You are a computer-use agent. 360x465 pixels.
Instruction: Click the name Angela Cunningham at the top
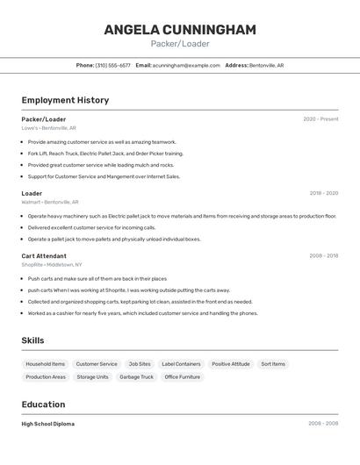pyautogui.click(x=180, y=30)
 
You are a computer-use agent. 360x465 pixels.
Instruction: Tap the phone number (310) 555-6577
pyautogui.click(x=112, y=65)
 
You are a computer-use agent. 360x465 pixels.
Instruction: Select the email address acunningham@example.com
pyautogui.click(x=186, y=65)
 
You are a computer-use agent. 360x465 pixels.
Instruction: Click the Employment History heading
pyautogui.click(x=65, y=100)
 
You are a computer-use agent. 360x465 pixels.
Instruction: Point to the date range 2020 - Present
pyautogui.click(x=320, y=119)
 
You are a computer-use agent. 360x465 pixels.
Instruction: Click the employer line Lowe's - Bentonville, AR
pyautogui.click(x=48, y=128)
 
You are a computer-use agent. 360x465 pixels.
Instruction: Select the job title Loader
pyautogui.click(x=32, y=193)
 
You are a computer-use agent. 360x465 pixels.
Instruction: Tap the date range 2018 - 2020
pyautogui.click(x=323, y=193)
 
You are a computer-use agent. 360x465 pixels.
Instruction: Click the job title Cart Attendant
pyautogui.click(x=44, y=256)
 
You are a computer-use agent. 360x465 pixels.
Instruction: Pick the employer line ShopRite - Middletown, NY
pyautogui.click(x=52, y=265)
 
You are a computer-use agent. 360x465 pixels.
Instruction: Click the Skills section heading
pyautogui.click(x=33, y=340)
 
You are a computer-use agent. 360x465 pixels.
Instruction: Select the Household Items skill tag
pyautogui.click(x=45, y=364)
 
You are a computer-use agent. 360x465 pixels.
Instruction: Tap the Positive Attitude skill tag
pyautogui.click(x=230, y=364)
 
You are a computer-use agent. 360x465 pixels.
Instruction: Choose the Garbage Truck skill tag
pyautogui.click(x=136, y=377)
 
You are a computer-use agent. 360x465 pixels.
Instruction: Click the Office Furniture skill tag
pyautogui.click(x=183, y=377)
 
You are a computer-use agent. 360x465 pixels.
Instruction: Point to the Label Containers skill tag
pyautogui.click(x=181, y=364)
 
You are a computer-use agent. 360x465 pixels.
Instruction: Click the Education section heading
pyautogui.click(x=43, y=404)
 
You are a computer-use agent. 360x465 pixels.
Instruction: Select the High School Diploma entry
pyautogui.click(x=47, y=424)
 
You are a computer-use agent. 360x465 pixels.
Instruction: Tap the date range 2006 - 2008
pyautogui.click(x=323, y=424)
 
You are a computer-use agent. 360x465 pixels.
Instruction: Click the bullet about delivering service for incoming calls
pyautogui.click(x=91, y=227)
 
